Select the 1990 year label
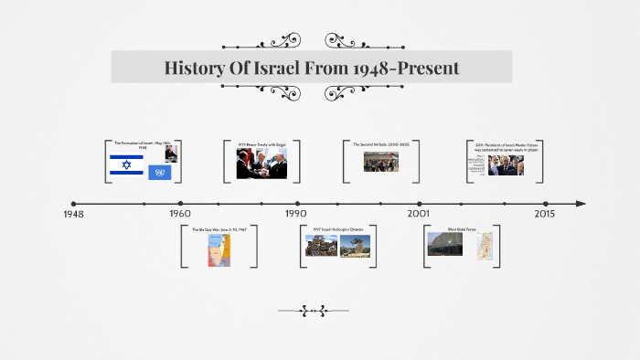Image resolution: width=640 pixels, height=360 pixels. tap(295, 214)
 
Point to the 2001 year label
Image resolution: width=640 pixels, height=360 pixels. tap(419, 214)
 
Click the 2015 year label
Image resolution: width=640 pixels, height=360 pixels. tap(545, 214)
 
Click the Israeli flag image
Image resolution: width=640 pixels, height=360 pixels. tap(126, 164)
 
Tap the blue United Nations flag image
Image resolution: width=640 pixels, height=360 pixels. tap(160, 172)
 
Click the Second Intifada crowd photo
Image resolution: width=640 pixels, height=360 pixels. tap(380, 162)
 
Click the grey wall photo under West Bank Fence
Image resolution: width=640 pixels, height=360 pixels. tap(445, 244)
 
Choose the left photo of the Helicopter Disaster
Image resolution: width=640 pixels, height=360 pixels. tap(322, 246)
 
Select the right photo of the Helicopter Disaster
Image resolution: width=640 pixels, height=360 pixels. tap(355, 246)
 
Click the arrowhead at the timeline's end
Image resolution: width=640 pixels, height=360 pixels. tap(580, 204)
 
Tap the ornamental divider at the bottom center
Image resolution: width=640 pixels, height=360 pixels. tap(320, 311)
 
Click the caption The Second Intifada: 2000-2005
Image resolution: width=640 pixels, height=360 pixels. tap(381, 144)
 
